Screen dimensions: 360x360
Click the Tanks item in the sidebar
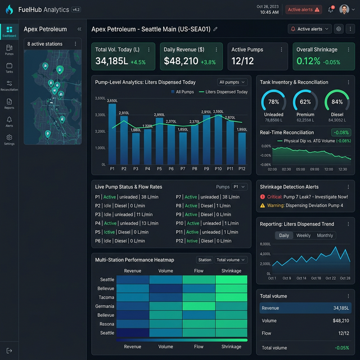pyautogui.click(x=9, y=67)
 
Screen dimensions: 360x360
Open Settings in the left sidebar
pyautogui.click(x=9, y=139)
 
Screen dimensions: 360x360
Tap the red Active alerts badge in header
pyautogui.click(x=303, y=10)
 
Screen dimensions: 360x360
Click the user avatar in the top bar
pyautogui.click(x=344, y=10)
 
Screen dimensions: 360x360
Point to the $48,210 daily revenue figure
pyautogui.click(x=181, y=61)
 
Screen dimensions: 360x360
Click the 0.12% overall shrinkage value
pyautogui.click(x=308, y=61)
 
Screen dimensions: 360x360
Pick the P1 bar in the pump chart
pyautogui.click(x=112, y=134)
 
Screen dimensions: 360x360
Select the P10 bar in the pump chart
pyautogui.click(x=218, y=139)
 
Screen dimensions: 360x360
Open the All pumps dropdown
pyautogui.click(x=233, y=82)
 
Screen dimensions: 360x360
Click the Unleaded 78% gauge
pyautogui.click(x=273, y=102)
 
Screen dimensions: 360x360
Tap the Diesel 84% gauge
pyautogui.click(x=337, y=102)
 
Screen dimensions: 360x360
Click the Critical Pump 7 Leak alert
pyautogui.click(x=304, y=197)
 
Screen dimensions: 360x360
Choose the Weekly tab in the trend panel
pyautogui.click(x=303, y=235)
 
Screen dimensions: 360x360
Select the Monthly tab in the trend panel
pyautogui.click(x=325, y=235)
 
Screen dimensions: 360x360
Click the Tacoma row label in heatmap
pyautogui.click(x=107, y=297)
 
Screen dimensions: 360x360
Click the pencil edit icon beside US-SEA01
pyautogui.click(x=215, y=29)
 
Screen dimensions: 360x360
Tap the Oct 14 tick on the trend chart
pyautogui.click(x=301, y=278)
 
